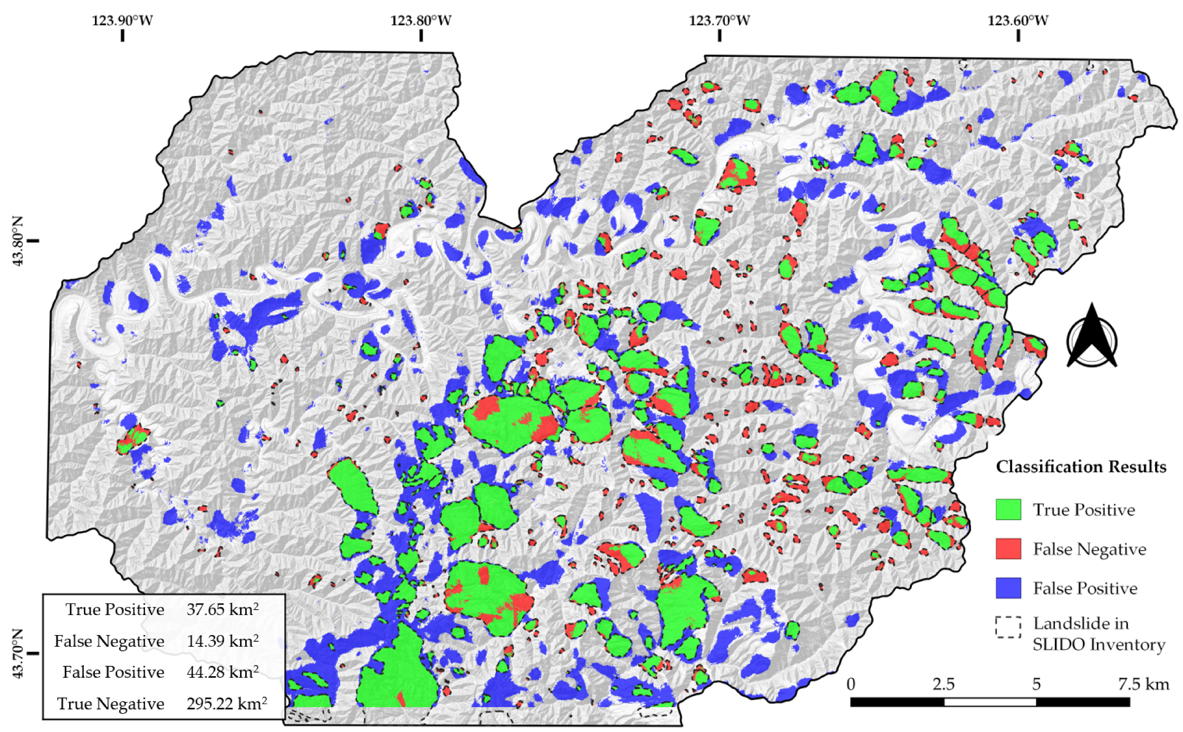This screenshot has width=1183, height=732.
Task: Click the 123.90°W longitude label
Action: pyautogui.click(x=122, y=21)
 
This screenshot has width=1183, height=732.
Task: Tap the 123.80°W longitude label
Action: pyautogui.click(x=420, y=21)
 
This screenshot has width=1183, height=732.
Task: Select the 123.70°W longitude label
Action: pyautogui.click(x=719, y=21)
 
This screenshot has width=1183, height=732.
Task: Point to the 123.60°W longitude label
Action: pyautogui.click(x=1017, y=21)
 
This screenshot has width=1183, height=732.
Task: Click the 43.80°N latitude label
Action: pyautogui.click(x=18, y=241)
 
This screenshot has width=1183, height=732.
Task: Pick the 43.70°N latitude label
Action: pyautogui.click(x=18, y=653)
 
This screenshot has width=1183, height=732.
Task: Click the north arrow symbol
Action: pyautogui.click(x=1091, y=337)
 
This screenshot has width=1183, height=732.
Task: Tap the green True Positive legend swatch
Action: pyautogui.click(x=1008, y=510)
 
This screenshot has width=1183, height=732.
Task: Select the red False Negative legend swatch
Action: pyautogui.click(x=1008, y=549)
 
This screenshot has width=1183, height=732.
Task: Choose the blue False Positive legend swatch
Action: pyautogui.click(x=1008, y=588)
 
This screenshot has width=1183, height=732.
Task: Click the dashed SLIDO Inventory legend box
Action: pyautogui.click(x=1008, y=627)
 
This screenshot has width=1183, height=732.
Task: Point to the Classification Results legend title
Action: pyautogui.click(x=1081, y=466)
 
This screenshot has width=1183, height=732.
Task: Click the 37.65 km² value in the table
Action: pyautogui.click(x=222, y=610)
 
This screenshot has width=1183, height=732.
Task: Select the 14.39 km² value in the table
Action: pyautogui.click(x=222, y=641)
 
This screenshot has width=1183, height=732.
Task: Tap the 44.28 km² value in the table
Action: pyautogui.click(x=222, y=672)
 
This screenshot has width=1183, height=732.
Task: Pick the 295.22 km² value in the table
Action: pyautogui.click(x=226, y=704)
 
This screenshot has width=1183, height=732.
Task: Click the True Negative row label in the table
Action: pyautogui.click(x=111, y=704)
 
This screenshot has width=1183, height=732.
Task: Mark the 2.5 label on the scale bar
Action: pyautogui.click(x=943, y=684)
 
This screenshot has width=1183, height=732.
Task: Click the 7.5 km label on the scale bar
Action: pyautogui.click(x=1143, y=684)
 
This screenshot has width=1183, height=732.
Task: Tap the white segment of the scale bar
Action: pyautogui.click(x=989, y=702)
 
